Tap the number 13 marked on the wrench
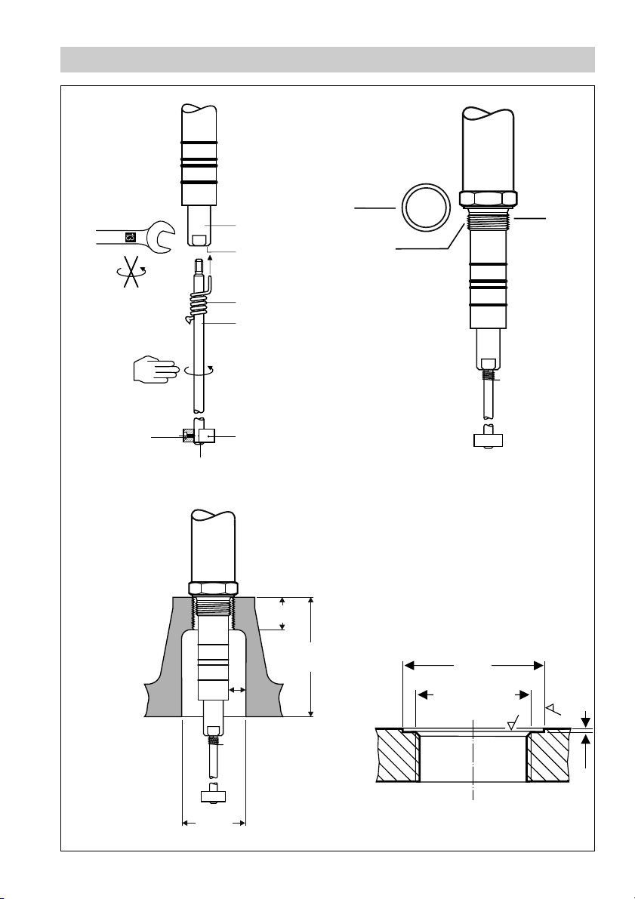pos(130,237)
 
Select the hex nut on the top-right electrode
pos(487,199)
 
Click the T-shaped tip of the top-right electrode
pos(487,441)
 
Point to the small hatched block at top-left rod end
pos(188,436)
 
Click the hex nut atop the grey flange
pos(214,588)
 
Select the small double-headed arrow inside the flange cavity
pos(237,690)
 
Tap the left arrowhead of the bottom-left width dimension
pos(186,823)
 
